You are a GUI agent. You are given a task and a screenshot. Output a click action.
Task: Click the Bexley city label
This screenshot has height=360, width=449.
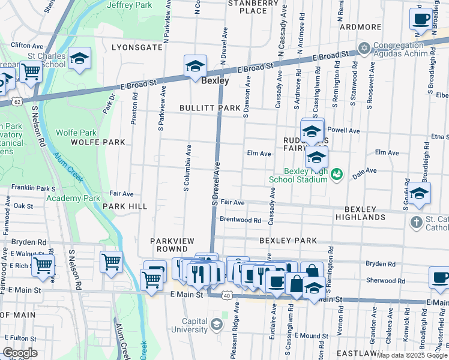click(214, 80)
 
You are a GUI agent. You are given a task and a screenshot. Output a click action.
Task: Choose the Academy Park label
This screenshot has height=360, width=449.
click(73, 198)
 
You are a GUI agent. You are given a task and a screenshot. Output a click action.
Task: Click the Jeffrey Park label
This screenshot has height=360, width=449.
click(130, 5)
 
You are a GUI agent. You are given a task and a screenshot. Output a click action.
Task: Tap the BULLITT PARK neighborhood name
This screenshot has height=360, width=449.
click(209, 108)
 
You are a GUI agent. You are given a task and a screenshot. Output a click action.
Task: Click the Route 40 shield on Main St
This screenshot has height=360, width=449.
click(226, 295)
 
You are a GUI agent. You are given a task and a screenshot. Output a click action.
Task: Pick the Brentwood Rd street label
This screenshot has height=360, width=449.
click(240, 220)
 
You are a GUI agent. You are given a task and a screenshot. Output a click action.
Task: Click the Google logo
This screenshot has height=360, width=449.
click(20, 353)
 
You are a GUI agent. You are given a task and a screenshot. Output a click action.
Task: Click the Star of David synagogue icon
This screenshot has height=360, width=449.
click(363, 47)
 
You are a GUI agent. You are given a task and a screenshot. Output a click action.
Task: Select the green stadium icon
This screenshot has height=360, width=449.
click(337, 174)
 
